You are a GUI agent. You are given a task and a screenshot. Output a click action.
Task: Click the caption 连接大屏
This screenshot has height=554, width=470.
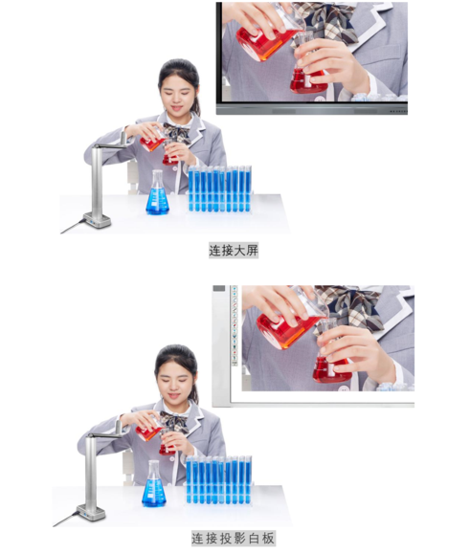pos(234,251)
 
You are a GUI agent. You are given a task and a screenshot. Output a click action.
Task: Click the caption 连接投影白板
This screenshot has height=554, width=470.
pos(234,538)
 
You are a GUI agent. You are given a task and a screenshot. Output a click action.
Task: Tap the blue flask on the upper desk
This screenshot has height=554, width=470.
pos(157,194)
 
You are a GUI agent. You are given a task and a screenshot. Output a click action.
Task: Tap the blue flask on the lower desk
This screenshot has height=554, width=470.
pos(154,485)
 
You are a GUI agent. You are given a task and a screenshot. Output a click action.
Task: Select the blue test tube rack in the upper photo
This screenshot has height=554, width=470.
pos(220,189)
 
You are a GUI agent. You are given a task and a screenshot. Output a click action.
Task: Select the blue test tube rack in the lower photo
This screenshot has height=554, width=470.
pos(219,480)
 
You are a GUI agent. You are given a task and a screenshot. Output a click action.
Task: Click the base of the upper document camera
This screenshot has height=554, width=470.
pos(97,220)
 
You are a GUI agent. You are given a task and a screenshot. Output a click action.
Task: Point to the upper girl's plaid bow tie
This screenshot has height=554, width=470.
pos(178,132)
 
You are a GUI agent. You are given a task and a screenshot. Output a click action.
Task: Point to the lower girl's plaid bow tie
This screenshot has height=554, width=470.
pos(174,422)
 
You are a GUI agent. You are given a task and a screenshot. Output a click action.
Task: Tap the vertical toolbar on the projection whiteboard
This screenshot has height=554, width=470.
pos(235,325)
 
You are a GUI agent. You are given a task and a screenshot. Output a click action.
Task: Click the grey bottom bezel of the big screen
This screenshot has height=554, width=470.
pos(312,109)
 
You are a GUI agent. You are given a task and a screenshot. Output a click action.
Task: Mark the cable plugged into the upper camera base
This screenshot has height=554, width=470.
pos(73,226)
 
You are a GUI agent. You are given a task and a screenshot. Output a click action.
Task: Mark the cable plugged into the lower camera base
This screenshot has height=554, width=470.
pos(66,519)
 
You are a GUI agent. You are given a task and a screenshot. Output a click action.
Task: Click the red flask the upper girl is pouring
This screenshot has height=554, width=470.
pos(152,142)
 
